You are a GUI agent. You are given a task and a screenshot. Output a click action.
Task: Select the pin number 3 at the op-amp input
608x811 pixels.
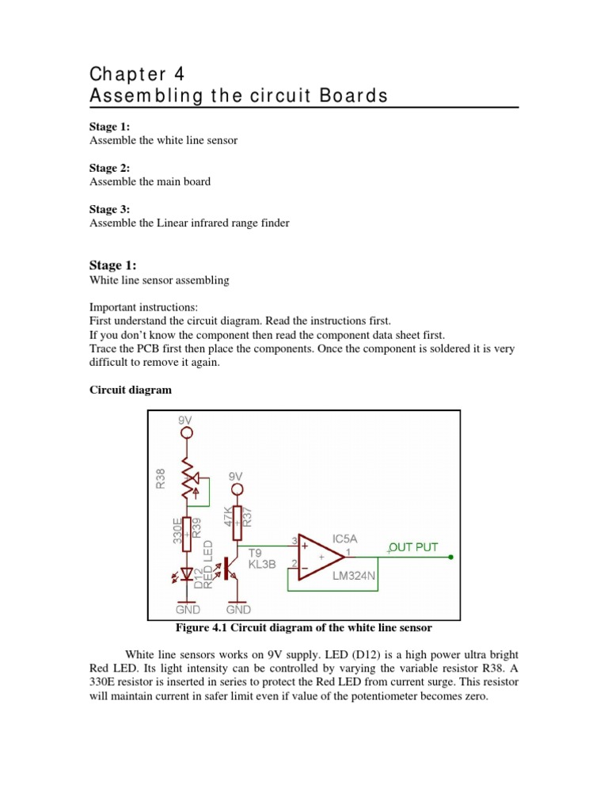[x=294, y=541]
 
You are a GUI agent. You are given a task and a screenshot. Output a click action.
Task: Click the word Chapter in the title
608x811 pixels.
[x=122, y=74]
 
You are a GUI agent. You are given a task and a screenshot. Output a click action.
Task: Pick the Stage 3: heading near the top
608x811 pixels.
[x=109, y=209]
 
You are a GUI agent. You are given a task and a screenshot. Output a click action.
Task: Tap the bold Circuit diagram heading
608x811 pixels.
[x=130, y=390]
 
